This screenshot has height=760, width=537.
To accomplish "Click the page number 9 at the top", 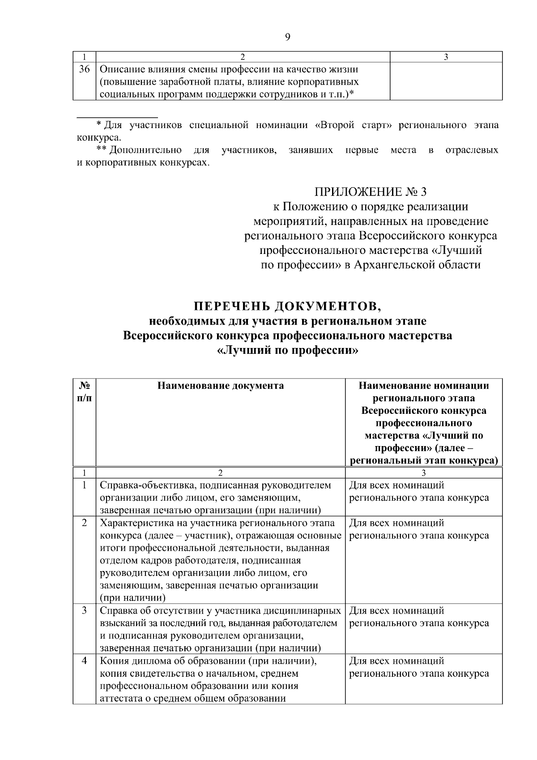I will pos(287,37).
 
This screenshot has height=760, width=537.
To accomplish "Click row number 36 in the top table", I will pos(84,69).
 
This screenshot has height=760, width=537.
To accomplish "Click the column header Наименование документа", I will pos(221,386).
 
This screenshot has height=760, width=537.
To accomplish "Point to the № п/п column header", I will pos(84,392).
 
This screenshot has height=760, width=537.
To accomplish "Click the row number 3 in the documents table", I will pos(84,610).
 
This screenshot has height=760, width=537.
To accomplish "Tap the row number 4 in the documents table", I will pos(84,661).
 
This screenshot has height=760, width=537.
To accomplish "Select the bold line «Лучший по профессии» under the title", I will pos(287,350).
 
